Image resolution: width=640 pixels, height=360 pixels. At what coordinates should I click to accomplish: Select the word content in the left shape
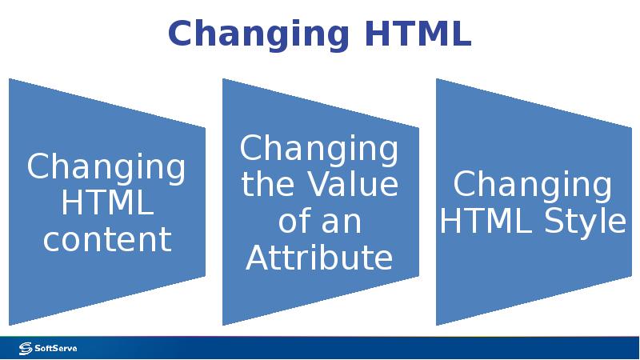click(x=107, y=239)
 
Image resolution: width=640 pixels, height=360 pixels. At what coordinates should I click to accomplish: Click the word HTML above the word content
click(x=107, y=203)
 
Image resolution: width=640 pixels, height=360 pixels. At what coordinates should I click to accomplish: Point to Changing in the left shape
click(x=107, y=168)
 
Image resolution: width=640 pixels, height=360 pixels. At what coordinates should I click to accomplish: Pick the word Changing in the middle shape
click(x=319, y=150)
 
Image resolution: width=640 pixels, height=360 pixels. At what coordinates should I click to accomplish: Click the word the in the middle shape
click(x=268, y=185)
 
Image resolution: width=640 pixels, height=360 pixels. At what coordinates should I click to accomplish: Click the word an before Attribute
click(x=342, y=222)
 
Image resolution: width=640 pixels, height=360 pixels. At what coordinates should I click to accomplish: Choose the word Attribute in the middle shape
click(x=319, y=258)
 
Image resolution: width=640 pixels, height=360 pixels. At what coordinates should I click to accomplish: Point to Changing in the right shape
click(x=533, y=186)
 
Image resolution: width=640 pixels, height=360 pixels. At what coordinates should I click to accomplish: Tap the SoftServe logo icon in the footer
click(x=25, y=348)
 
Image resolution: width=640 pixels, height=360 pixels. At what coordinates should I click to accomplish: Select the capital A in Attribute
click(x=258, y=258)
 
